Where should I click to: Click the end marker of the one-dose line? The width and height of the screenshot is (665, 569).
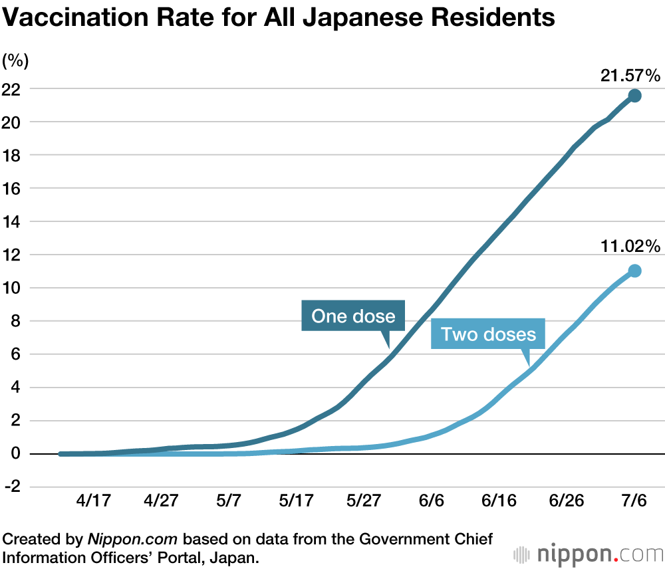point(634,96)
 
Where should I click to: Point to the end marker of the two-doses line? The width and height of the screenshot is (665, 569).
point(634,271)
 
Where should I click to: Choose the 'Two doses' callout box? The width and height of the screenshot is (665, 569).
point(488,334)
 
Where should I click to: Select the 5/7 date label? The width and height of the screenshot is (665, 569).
point(228,501)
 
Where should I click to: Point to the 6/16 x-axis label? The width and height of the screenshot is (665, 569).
point(497,501)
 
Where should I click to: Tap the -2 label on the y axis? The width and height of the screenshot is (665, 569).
point(12,487)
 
